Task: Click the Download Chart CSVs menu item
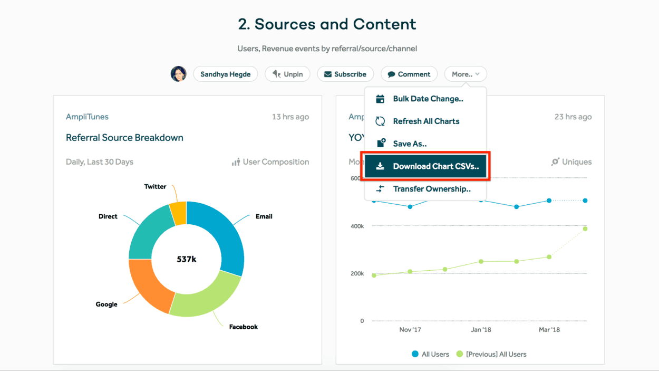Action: [425, 166]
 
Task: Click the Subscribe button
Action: [345, 74]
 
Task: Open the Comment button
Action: [409, 74]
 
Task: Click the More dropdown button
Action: [466, 74]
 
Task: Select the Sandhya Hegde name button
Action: [225, 74]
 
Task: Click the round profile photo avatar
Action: [179, 74]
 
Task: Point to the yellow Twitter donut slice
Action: [178, 212]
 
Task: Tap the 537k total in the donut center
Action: [187, 259]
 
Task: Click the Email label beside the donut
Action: [264, 216]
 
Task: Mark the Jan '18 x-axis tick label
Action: [480, 330]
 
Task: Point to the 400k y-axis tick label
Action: [357, 226]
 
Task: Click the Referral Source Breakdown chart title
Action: [124, 138]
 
